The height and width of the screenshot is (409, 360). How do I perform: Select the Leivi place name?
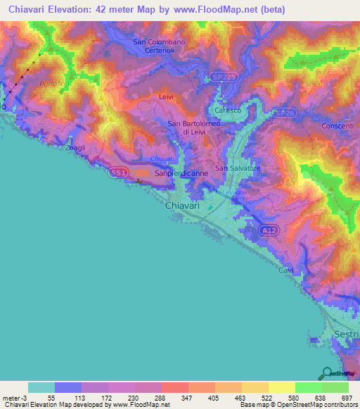tap(166, 96)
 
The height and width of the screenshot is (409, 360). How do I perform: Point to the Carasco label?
tap(227, 111)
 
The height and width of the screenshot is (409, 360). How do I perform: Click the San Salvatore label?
tap(238, 169)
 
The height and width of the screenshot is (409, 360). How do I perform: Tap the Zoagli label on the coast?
tap(75, 149)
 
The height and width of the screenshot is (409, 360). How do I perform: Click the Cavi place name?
tap(285, 270)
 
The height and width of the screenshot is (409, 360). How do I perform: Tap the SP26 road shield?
tap(283, 112)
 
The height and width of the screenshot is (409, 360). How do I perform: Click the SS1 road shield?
tap(117, 171)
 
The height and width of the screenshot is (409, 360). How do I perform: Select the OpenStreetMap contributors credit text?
tap(311, 405)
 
